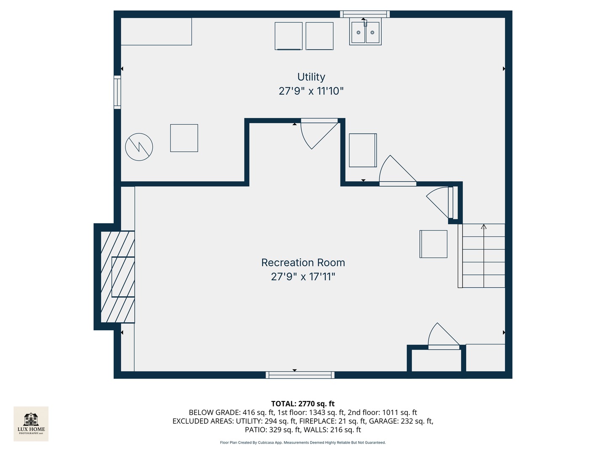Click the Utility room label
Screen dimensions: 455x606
pos(311,77)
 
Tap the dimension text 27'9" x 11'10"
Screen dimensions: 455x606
pos(311,91)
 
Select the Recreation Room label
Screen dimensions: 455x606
pos(303,262)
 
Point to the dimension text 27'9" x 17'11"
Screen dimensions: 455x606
pos(303,277)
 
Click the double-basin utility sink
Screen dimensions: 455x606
pos(365,33)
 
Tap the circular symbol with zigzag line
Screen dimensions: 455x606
pos(139,147)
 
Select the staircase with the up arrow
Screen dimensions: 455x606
pos(484,256)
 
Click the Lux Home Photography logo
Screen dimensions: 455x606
pos(31,423)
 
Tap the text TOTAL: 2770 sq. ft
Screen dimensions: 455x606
pos(303,404)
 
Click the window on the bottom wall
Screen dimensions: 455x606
pos(300,375)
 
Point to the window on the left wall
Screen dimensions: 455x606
pos(117,92)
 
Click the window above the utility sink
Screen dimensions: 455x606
pos(365,14)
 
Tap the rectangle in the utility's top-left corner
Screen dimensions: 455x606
pos(156,31)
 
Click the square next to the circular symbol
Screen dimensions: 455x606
pos(184,138)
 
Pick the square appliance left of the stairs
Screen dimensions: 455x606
pos(433,244)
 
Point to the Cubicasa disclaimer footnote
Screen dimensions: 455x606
pos(303,442)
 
